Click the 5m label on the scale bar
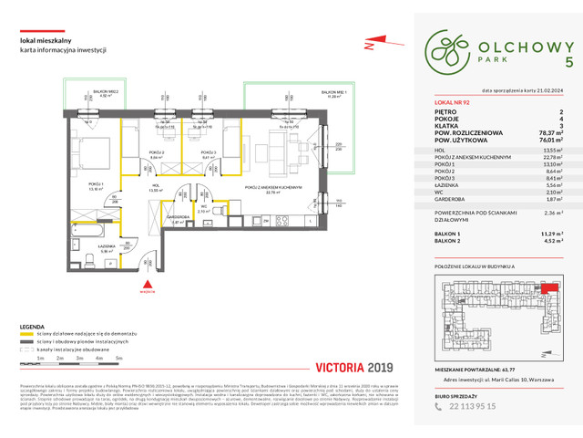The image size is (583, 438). (119, 359)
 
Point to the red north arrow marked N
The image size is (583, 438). (371, 42)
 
